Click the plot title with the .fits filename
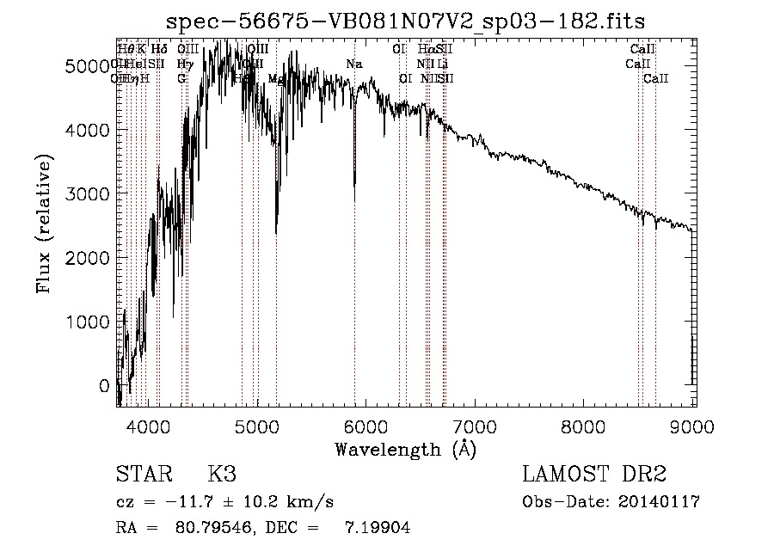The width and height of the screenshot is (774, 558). pos(406,20)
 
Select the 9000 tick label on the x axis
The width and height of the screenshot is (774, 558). pos(694,425)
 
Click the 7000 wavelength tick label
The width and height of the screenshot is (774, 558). pos(476,425)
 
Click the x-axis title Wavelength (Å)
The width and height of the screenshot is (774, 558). pos(405,449)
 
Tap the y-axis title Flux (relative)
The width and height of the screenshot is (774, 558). pos(44,224)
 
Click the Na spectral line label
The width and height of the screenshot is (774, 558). pos(354,64)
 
